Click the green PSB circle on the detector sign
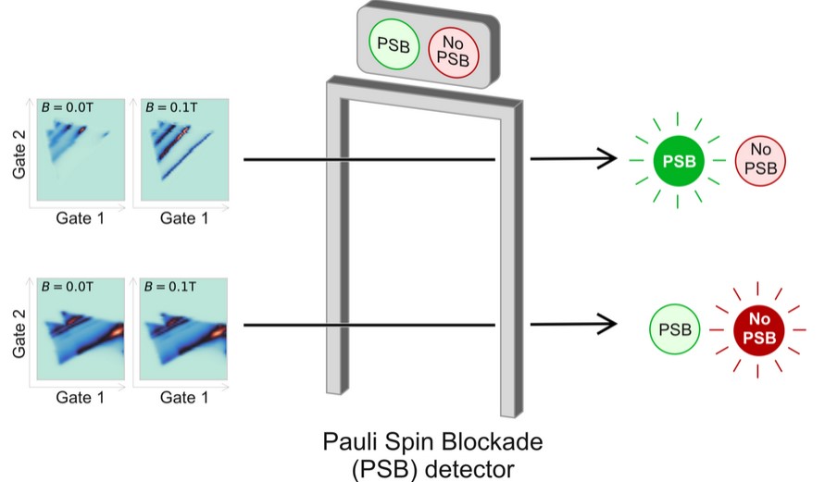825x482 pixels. coord(393,43)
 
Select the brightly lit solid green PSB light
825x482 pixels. coord(680,162)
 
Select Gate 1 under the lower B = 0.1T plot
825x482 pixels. coord(179,398)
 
